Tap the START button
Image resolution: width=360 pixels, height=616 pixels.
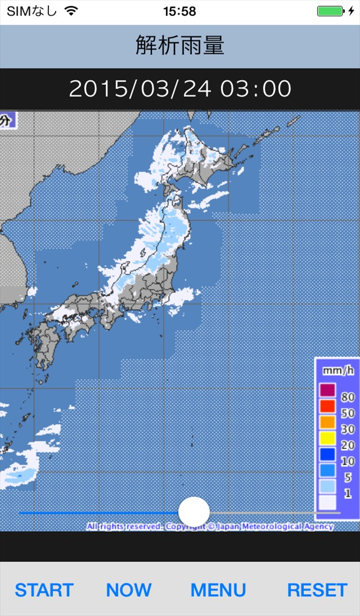[x=44, y=590]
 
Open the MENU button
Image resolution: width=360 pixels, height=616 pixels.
[x=218, y=590]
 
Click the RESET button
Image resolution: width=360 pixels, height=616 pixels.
[x=317, y=590]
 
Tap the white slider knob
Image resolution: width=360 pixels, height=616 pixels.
[x=194, y=512]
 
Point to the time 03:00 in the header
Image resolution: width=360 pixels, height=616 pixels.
[x=256, y=89]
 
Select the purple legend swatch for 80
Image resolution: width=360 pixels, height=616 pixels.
[x=327, y=389]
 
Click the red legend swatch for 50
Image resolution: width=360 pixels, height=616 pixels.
[x=327, y=405]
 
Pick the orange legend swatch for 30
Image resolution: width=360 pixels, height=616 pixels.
[x=327, y=422]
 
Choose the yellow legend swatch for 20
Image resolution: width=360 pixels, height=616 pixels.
[x=327, y=437]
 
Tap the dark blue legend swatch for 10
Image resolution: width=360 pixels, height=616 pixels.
[x=327, y=454]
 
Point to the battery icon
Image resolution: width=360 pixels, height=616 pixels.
[x=330, y=11]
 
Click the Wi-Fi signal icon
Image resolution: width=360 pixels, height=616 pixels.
[x=71, y=11]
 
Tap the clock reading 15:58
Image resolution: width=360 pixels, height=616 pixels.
[x=179, y=11]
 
